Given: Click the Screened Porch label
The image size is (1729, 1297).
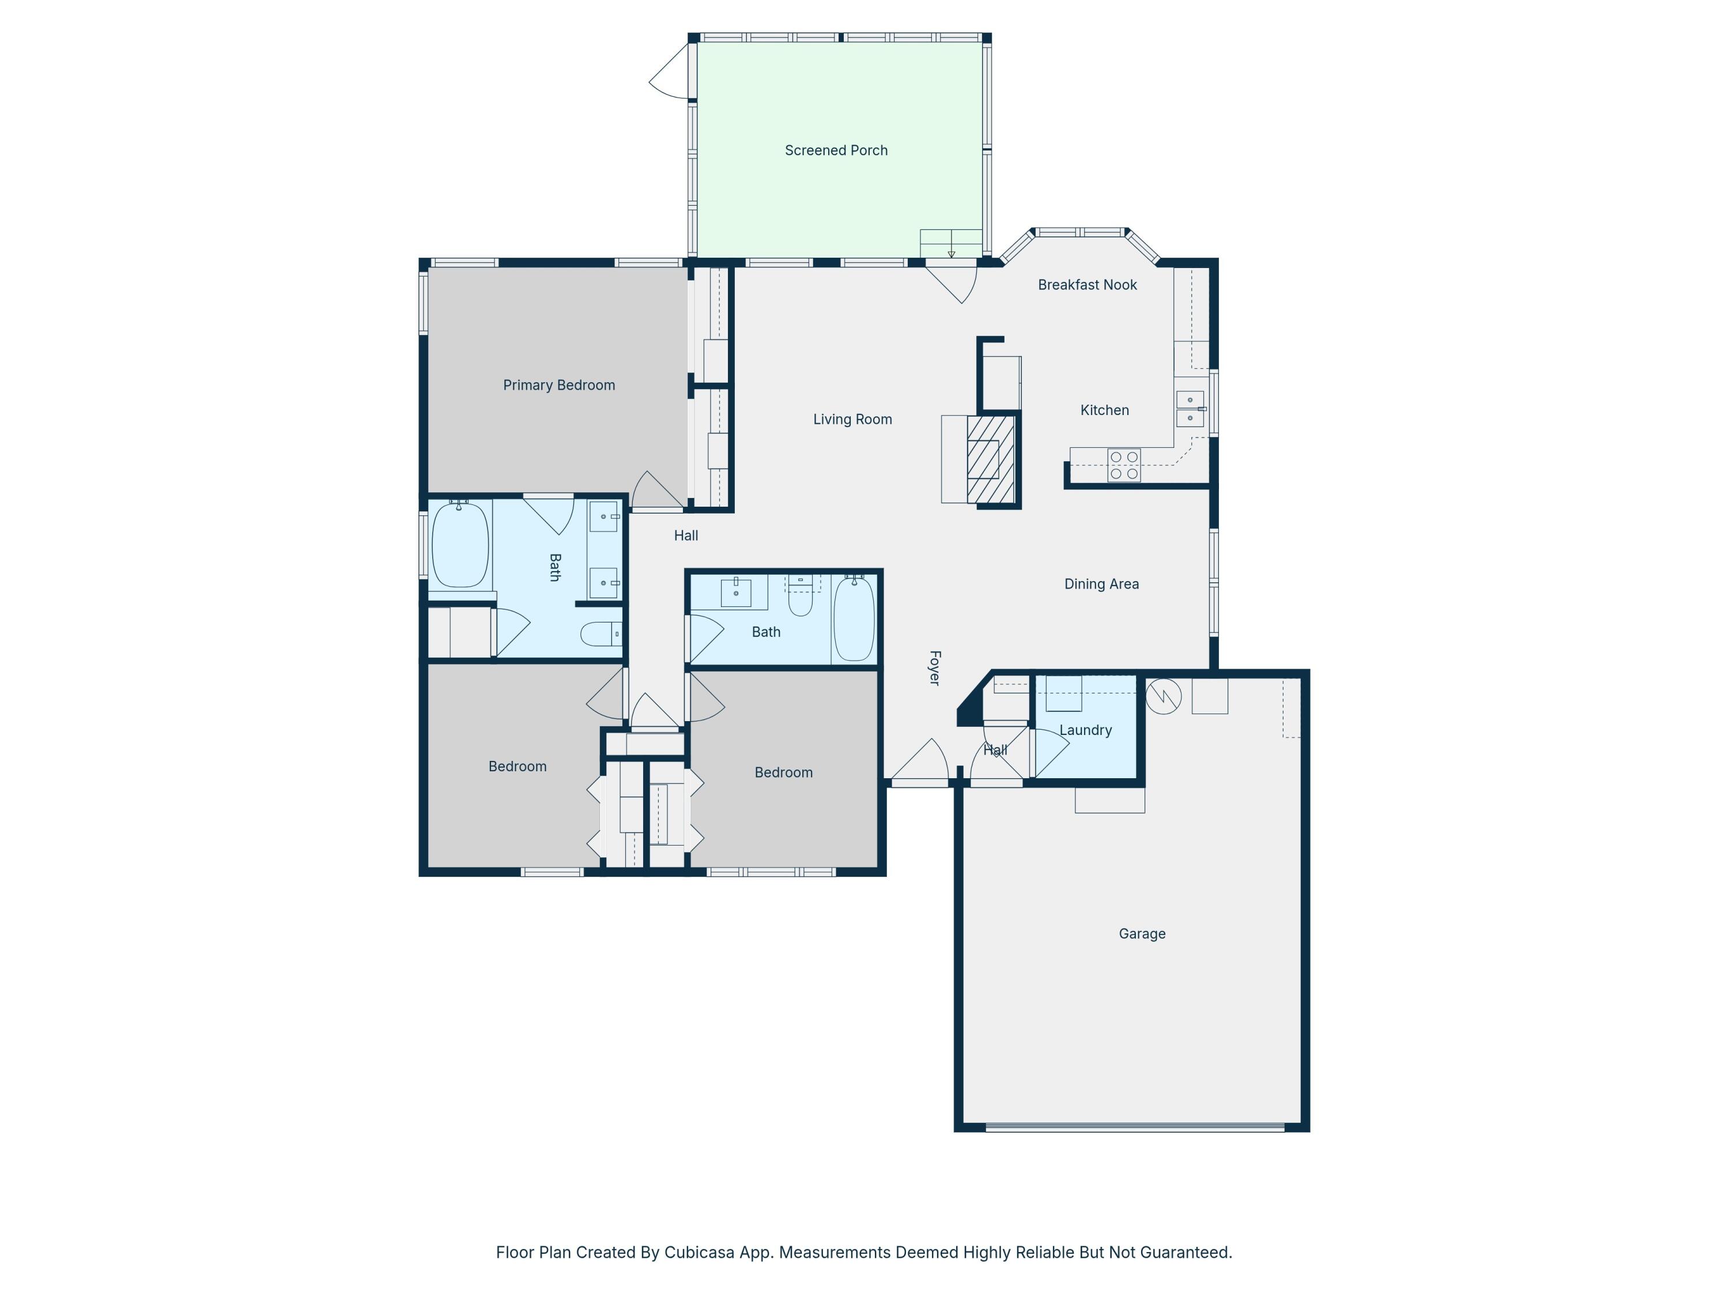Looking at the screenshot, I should coord(836,150).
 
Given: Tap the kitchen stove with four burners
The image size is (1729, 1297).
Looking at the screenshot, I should coord(1123,465).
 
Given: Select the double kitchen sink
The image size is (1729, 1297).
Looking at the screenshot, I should coord(1190,409).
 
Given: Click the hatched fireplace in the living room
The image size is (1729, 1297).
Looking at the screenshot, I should coord(990,459).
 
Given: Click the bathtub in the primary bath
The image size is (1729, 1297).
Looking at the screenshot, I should coord(460,545).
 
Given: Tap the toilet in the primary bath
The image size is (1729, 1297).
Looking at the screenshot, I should coord(601,634).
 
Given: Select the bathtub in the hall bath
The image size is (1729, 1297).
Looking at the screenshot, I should coord(854,619).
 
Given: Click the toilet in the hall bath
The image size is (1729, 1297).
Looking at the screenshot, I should coord(801,595).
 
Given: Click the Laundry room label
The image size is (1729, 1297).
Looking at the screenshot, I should coord(1085,730).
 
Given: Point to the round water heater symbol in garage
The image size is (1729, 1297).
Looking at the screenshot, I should coord(1163,696).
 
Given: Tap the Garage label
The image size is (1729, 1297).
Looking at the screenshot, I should coord(1141,933).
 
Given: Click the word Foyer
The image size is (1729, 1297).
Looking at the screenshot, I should coord(934,668).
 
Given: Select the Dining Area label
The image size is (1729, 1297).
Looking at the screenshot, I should coord(1101,584).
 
